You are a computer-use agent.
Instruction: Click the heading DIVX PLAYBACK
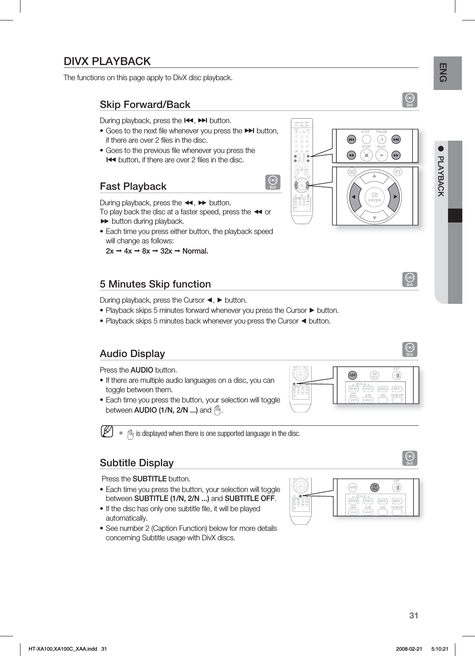pyautogui.click(x=107, y=61)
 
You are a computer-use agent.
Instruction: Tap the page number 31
pyautogui.click(x=414, y=616)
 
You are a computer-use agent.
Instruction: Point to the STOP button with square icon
pyautogui.click(x=367, y=155)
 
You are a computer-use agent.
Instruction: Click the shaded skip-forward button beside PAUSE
pyautogui.click(x=396, y=139)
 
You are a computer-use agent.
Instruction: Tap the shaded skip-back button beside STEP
pyautogui.click(x=351, y=139)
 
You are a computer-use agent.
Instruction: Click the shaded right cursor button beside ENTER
pyautogui.click(x=394, y=197)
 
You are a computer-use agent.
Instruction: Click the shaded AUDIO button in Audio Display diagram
pyautogui.click(x=352, y=375)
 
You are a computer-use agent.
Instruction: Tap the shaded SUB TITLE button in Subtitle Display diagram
pyautogui.click(x=374, y=487)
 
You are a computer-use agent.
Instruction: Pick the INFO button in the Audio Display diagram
pyautogui.click(x=396, y=389)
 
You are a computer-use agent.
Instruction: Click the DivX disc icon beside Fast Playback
pyautogui.click(x=273, y=182)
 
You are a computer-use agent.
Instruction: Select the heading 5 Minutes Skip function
pyautogui.click(x=155, y=284)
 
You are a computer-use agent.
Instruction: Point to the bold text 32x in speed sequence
pyautogui.click(x=166, y=251)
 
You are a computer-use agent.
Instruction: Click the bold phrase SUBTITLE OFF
pyautogui.click(x=250, y=499)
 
